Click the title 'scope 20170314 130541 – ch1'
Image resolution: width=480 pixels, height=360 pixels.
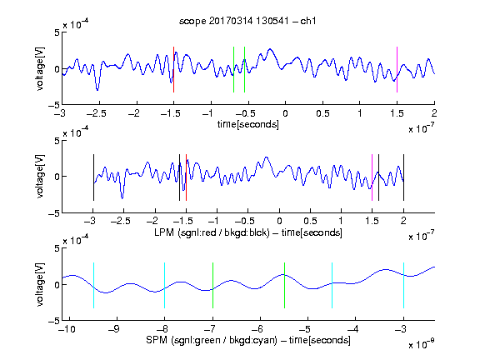tap(247, 21)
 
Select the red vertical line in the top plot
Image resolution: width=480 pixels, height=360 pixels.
tap(173, 69)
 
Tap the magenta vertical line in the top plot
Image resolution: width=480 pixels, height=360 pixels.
tap(397, 69)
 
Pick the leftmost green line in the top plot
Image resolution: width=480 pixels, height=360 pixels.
tap(233, 69)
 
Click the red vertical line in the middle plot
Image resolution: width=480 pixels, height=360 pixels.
tap(186, 177)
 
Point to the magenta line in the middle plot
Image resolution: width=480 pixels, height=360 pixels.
tap(372, 177)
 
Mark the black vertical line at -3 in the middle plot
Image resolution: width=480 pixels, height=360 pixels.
tap(93, 177)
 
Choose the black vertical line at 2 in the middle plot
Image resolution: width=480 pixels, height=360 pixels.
tap(403, 177)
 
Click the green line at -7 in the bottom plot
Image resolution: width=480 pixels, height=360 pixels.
tap(212, 285)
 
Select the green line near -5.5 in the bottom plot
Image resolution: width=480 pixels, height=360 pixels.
tap(284, 285)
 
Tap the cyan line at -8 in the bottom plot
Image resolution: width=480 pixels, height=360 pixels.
tap(165, 285)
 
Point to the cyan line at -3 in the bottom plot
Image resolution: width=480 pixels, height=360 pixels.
tap(403, 285)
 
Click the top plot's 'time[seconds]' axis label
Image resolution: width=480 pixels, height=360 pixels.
tap(248, 124)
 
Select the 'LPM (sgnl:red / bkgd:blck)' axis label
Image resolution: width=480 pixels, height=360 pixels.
tap(212, 232)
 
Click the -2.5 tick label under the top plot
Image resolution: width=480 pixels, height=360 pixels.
tap(97, 113)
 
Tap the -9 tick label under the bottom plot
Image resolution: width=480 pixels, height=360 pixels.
tap(114, 329)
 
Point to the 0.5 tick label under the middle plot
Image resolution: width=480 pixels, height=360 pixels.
tap(310, 221)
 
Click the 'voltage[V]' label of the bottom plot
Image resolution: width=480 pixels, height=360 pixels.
tap(40, 284)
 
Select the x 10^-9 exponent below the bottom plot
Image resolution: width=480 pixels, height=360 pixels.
tap(422, 344)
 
